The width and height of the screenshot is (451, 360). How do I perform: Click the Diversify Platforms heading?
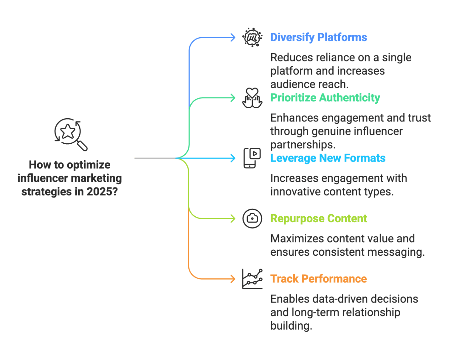[x=318, y=38]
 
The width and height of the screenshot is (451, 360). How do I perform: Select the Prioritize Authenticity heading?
[x=325, y=98]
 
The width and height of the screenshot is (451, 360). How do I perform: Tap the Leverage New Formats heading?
[x=328, y=158]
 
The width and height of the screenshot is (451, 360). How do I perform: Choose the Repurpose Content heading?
[x=318, y=219]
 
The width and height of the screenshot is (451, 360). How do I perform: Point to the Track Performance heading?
[x=318, y=279]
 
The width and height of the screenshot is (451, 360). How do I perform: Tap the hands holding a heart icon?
[x=252, y=98]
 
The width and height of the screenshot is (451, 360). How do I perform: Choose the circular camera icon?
[x=252, y=218]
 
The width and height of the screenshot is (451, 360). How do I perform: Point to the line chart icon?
[x=252, y=279]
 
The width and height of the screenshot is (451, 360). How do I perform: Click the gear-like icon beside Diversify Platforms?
[x=252, y=38]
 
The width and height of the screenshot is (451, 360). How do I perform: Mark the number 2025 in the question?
[x=102, y=192]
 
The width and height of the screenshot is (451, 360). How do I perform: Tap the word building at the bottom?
[x=291, y=326]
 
